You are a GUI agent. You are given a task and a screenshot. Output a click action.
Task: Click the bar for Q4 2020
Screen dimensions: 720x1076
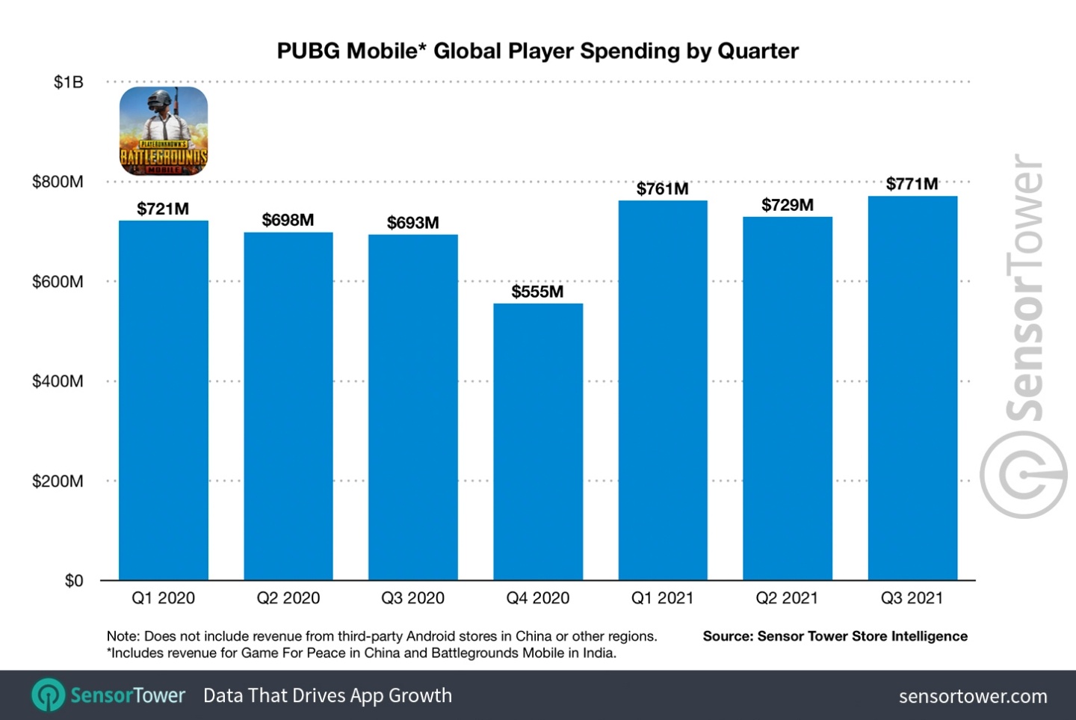[x=538, y=441]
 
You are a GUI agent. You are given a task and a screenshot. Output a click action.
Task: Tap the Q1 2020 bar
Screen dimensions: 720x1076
[x=164, y=400]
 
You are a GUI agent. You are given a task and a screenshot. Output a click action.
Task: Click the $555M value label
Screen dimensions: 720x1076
[x=537, y=292]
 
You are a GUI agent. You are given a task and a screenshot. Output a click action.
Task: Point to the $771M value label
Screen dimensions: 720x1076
[x=912, y=184]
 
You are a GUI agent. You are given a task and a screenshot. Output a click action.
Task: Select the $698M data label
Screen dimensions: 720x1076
[x=288, y=220]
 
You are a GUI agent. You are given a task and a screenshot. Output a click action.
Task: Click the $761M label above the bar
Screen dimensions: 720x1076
[x=662, y=189]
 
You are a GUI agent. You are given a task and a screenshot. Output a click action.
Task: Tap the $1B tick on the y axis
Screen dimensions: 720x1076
[x=68, y=82]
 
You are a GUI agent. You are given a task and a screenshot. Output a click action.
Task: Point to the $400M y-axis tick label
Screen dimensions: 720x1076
[x=58, y=381]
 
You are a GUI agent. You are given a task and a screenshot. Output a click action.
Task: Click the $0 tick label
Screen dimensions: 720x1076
[x=73, y=581]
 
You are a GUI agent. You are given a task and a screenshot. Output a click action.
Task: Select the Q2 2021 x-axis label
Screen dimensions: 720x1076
[x=787, y=598]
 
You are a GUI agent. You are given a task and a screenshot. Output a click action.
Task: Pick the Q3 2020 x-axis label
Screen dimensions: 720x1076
[x=412, y=598]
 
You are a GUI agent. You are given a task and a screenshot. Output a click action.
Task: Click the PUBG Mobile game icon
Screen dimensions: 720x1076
[x=164, y=131]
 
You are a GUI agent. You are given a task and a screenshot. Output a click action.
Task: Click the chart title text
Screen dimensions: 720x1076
[x=537, y=51]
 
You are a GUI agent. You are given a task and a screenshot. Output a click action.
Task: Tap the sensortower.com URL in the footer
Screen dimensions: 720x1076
[x=972, y=696]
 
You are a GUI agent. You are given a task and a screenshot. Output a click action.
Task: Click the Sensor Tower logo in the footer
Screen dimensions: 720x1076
[x=109, y=695]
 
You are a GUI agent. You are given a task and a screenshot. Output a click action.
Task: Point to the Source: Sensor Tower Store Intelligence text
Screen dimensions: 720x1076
[x=835, y=636]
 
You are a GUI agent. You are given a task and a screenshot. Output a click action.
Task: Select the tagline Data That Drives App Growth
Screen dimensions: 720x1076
[x=327, y=695]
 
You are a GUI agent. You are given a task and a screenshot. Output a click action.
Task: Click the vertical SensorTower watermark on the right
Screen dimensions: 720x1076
[x=1024, y=336]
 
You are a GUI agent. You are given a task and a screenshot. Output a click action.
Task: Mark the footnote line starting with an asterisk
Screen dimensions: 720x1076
[x=362, y=653]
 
